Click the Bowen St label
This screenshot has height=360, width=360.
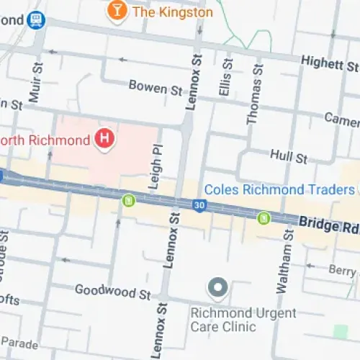point(156,87)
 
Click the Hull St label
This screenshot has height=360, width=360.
point(288,156)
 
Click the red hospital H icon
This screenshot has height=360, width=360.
point(105,138)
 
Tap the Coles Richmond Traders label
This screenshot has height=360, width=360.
point(279,189)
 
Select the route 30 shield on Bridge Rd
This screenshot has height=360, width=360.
point(198,206)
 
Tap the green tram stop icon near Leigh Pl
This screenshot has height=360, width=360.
point(129,200)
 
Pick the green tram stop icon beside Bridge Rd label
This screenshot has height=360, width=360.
point(264,217)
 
